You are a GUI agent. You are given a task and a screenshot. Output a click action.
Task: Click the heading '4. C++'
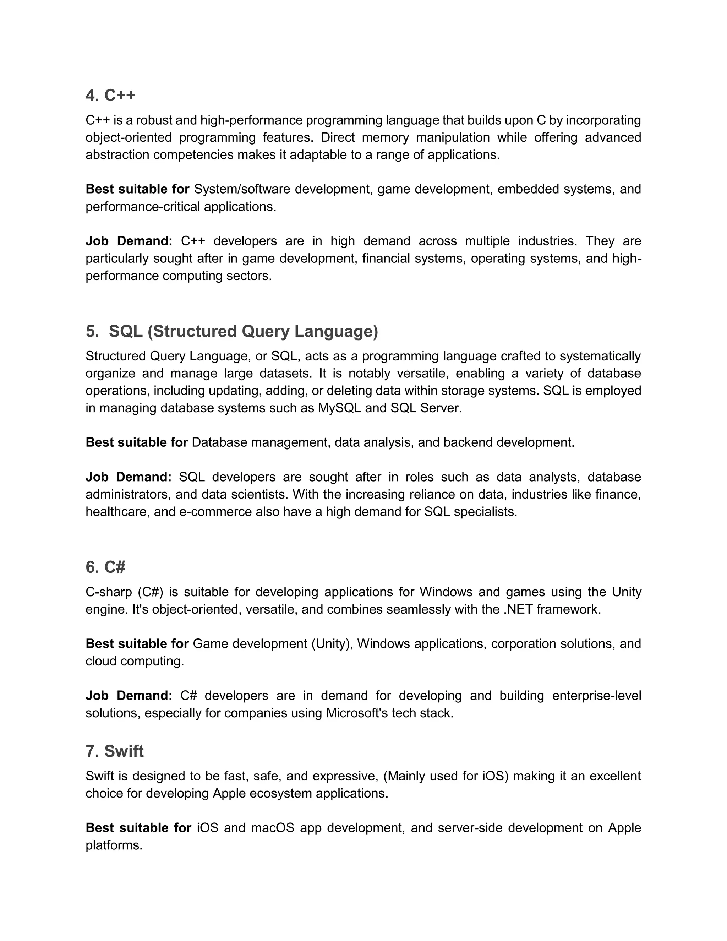click(110, 95)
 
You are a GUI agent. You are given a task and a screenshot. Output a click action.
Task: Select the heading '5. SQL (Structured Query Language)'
click(232, 331)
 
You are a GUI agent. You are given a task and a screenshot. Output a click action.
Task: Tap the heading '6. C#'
click(105, 567)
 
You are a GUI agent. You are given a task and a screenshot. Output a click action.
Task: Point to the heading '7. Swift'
click(115, 751)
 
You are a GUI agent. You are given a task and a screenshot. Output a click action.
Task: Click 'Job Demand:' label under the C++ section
click(129, 241)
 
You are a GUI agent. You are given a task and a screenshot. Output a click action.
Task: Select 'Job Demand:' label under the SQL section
click(129, 477)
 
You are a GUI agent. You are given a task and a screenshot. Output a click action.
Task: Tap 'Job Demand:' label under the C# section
click(129, 696)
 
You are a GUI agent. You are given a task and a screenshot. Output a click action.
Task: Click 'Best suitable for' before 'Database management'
click(137, 442)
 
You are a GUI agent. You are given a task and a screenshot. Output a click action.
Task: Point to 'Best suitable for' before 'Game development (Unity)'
click(137, 644)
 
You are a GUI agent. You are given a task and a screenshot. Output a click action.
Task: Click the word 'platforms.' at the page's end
click(114, 845)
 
